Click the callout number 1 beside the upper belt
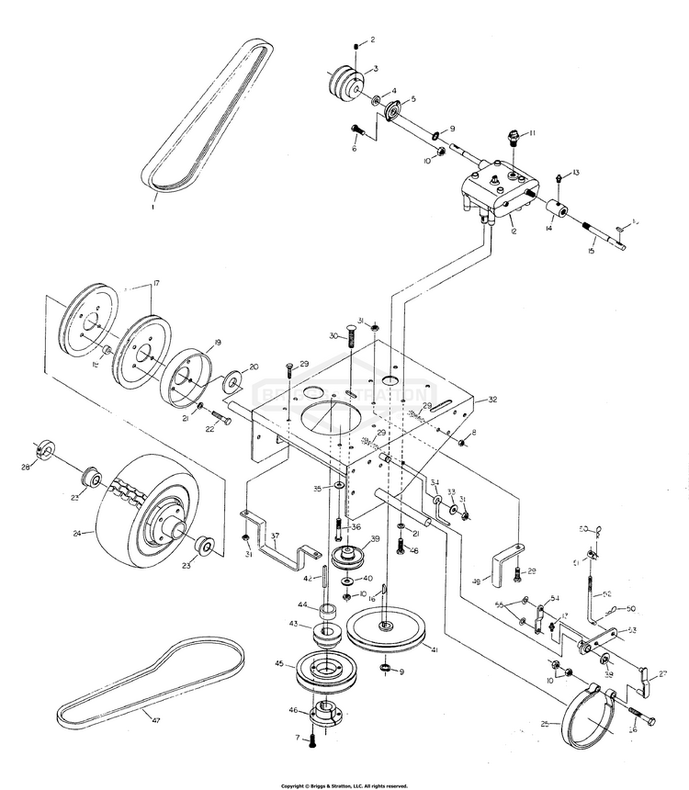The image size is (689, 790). click(153, 208)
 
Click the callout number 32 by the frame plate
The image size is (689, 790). click(492, 400)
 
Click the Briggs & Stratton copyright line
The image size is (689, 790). click(344, 785)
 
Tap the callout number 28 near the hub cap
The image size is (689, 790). click(26, 468)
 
